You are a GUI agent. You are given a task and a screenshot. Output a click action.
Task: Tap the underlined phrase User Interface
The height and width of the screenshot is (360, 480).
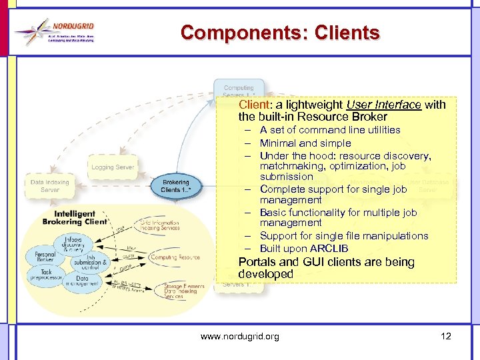click(383, 105)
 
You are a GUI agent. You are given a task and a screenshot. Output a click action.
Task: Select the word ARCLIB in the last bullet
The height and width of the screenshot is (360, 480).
click(329, 249)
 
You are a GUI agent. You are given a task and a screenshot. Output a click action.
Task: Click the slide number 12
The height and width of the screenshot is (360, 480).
click(446, 336)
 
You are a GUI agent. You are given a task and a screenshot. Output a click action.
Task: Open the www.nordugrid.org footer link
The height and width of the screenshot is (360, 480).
click(240, 337)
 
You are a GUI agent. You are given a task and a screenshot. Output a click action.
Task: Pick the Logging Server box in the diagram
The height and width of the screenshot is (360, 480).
click(113, 167)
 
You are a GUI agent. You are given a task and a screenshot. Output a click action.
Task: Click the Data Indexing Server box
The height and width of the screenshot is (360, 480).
click(50, 186)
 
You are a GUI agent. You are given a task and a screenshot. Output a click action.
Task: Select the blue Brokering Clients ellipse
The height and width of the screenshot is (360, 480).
click(175, 186)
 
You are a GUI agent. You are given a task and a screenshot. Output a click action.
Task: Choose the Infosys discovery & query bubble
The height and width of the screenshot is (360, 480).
click(73, 244)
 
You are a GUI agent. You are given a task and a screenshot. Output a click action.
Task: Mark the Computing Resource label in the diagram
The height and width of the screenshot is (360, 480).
click(175, 257)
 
